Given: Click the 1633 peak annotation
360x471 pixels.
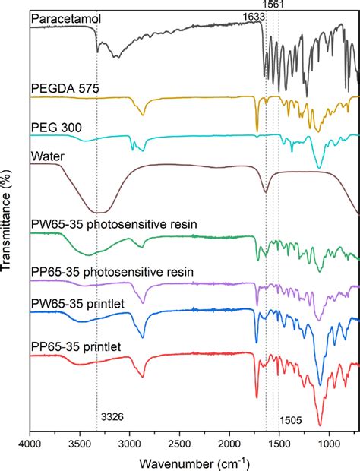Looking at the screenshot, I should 254,16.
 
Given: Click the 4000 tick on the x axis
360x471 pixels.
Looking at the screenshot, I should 30,441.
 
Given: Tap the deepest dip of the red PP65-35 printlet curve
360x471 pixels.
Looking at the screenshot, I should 320,425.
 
